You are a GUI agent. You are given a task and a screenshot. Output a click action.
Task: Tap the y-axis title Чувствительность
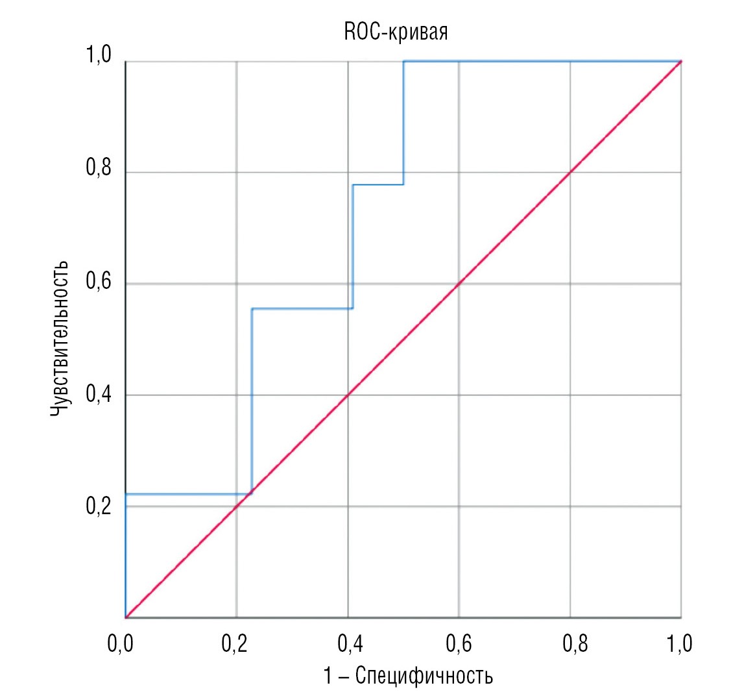tap(59, 339)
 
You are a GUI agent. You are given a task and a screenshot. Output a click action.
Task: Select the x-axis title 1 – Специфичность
tap(407, 676)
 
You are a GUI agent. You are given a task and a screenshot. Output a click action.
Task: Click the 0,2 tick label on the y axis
tap(98, 506)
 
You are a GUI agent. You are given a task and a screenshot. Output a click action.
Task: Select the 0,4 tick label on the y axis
tap(98, 395)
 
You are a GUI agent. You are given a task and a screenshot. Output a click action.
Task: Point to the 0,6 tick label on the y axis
tap(98, 284)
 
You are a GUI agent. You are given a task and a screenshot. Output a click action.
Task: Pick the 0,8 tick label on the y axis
tap(98, 173)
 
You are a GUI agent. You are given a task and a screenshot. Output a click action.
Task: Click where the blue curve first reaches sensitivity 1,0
tap(403, 62)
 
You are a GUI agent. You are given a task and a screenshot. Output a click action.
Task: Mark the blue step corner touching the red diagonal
tap(252, 493)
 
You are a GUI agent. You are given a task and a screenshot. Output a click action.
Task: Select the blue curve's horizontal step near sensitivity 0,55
tap(302, 308)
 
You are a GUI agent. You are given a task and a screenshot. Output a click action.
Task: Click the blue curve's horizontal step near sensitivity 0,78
tap(377, 184)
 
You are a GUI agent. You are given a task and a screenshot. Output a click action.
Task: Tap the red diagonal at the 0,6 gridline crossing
tap(459, 284)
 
